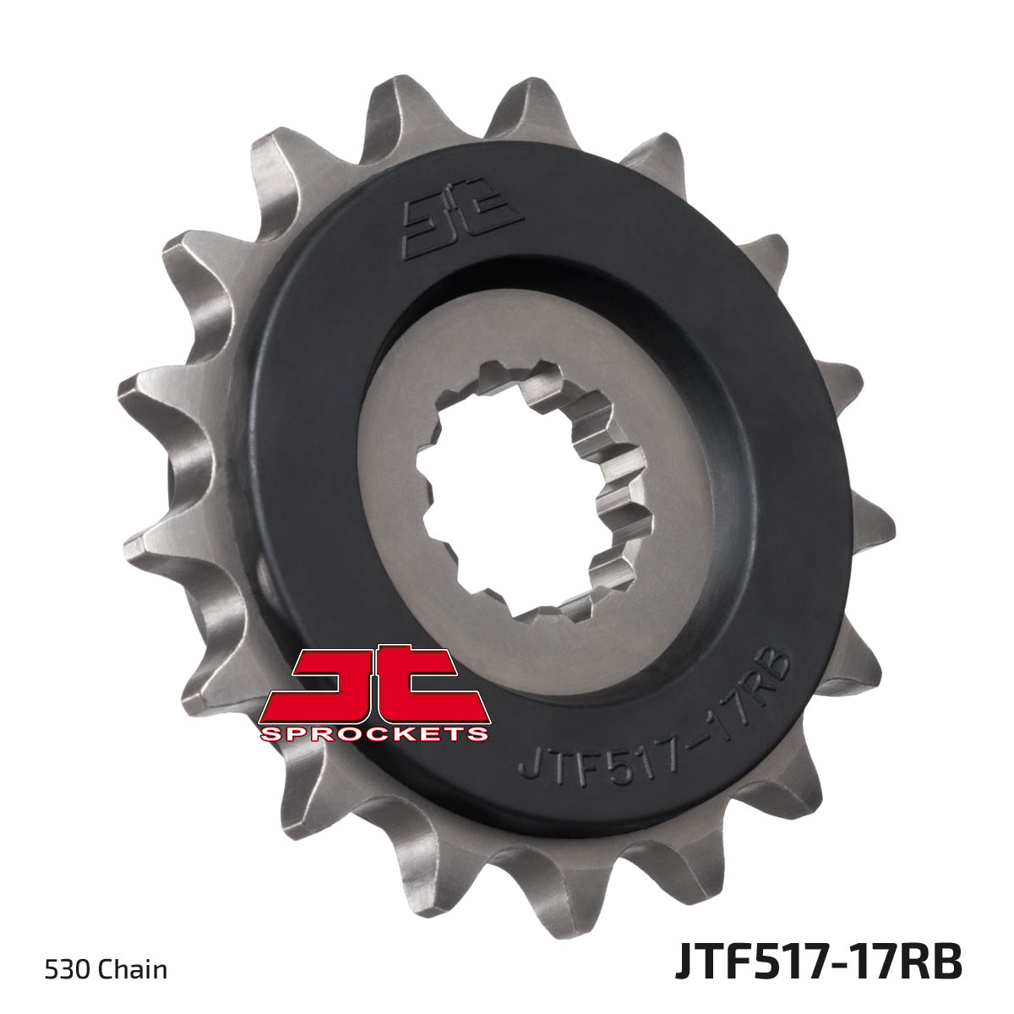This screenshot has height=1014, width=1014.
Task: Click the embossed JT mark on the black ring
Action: pyautogui.click(x=461, y=226)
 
